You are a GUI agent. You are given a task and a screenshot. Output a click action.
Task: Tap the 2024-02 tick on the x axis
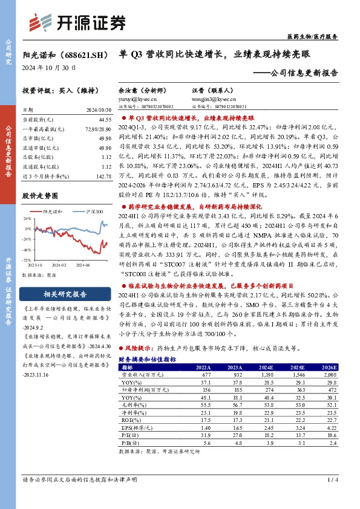[x=58, y=265]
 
